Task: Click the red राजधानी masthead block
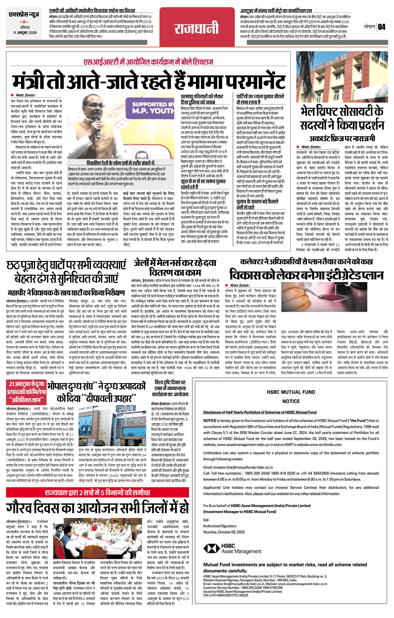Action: coord(197,29)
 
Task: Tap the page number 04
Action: coord(382,27)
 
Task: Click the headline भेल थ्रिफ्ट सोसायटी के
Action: coord(342,111)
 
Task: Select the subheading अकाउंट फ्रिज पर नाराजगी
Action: coord(342,138)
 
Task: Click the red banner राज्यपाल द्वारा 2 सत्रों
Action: coord(97,493)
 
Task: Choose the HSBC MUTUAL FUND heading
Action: coord(291,392)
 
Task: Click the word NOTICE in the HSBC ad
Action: coord(291,401)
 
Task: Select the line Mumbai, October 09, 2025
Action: coord(224,532)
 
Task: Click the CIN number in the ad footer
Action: coord(225,595)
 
